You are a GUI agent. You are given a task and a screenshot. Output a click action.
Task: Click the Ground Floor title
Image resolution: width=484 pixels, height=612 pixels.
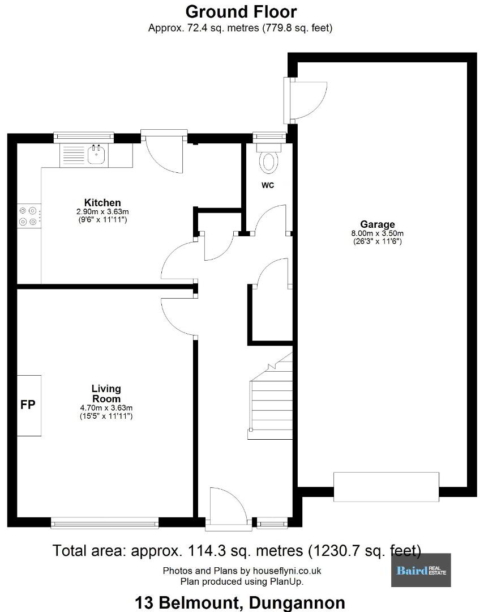coord(241,12)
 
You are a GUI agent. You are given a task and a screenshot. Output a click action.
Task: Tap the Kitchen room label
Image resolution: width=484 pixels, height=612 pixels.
coord(102,202)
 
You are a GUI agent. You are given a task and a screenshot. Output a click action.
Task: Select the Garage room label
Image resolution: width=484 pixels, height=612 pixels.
coord(377,224)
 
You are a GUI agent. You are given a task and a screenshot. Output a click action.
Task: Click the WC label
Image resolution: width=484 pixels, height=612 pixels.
coord(268,185)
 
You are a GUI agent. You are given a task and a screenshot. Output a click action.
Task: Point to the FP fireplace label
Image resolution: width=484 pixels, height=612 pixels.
coord(28,405)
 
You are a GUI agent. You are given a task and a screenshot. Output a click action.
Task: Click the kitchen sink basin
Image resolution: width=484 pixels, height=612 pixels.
coord(96,155)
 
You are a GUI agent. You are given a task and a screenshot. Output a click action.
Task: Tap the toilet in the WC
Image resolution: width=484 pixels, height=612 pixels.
coord(269,159)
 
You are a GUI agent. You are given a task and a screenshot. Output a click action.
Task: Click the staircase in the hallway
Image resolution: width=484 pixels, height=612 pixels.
coord(271,396)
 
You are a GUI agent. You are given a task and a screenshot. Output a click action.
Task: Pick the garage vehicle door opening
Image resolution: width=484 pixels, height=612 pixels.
coord(386,487)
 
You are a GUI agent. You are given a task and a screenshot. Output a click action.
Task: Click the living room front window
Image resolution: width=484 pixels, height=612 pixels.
coord(105,523)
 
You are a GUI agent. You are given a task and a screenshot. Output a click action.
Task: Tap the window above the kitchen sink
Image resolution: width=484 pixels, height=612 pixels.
coord(83,136)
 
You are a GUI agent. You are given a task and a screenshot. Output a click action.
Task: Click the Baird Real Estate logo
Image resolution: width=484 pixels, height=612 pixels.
coord(421,570)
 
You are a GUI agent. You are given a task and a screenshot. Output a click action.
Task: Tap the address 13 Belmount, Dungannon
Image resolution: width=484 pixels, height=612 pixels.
coord(240,603)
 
